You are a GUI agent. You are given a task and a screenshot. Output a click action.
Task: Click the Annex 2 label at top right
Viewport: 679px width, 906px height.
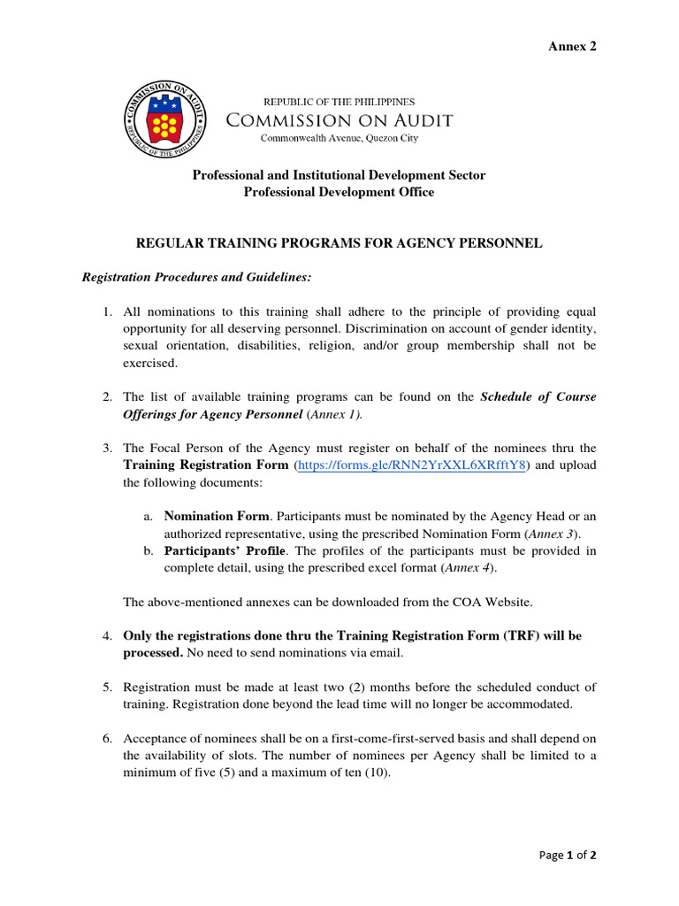tap(574, 47)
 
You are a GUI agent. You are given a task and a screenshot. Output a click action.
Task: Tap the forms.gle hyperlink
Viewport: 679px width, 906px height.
tap(413, 465)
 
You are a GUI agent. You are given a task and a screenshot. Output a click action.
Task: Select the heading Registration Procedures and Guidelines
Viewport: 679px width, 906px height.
tap(196, 277)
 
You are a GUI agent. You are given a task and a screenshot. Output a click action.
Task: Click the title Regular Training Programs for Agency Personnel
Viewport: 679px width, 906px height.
tap(338, 242)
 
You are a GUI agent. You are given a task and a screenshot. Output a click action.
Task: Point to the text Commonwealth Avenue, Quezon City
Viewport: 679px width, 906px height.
tap(339, 138)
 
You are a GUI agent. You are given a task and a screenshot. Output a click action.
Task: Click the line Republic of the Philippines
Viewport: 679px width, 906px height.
tap(339, 102)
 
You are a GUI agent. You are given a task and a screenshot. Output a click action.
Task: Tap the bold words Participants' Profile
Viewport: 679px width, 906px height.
tap(225, 550)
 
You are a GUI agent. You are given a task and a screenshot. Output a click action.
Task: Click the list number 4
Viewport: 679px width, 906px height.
tap(106, 636)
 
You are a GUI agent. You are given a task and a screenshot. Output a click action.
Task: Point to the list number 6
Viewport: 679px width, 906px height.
tap(106, 739)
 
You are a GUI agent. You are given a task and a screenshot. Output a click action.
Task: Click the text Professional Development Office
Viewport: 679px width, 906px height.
tap(339, 192)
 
